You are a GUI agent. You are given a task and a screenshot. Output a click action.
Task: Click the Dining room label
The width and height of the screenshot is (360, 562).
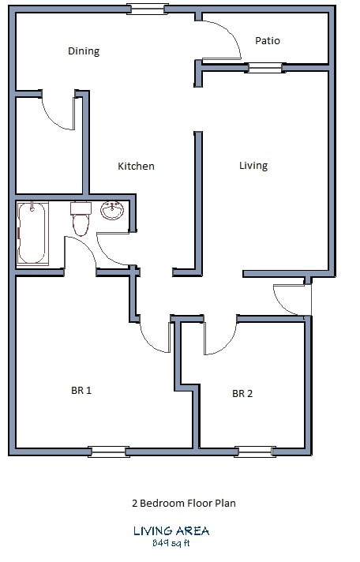click(84, 51)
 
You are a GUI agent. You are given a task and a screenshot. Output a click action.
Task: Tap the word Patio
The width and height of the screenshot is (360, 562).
click(268, 40)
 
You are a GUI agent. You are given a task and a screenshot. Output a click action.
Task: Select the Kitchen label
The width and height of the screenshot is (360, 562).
click(136, 167)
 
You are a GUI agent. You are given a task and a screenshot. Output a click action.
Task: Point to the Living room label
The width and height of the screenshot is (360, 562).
click(253, 166)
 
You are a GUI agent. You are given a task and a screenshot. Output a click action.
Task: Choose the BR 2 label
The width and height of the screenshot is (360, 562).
click(242, 394)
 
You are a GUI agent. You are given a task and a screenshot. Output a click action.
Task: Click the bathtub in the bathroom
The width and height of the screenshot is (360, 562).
click(32, 233)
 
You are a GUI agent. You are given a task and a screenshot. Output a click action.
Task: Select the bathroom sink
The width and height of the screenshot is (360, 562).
click(112, 211)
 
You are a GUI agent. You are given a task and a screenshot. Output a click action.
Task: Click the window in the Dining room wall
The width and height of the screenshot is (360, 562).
click(148, 10)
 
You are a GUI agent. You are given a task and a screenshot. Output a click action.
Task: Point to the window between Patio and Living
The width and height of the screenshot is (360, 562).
click(264, 69)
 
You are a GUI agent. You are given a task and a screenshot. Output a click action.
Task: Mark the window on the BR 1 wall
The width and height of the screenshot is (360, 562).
click(108, 451)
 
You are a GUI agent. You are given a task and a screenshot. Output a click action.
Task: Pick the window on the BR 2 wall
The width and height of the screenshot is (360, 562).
click(255, 451)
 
